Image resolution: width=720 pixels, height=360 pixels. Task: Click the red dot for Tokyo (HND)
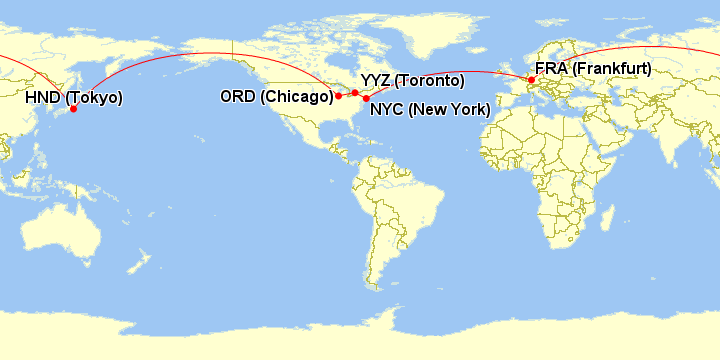tap(73, 109)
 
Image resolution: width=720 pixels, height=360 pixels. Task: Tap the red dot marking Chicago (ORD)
tap(339, 96)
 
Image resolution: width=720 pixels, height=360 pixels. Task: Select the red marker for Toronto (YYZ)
tap(355, 92)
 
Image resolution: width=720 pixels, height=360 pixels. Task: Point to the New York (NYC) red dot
tap(366, 99)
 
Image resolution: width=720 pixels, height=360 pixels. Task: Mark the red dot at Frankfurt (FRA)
tap(531, 80)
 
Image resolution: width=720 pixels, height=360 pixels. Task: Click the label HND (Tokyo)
tap(74, 97)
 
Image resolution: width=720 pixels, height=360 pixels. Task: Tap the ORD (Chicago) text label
tap(275, 96)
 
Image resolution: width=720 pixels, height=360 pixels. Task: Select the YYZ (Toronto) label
tap(412, 80)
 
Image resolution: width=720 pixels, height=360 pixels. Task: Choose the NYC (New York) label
tap(430, 110)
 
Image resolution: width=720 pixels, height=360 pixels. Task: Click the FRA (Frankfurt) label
tap(592, 68)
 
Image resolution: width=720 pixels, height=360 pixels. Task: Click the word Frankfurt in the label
tap(614, 68)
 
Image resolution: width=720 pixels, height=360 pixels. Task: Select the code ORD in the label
tap(237, 96)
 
